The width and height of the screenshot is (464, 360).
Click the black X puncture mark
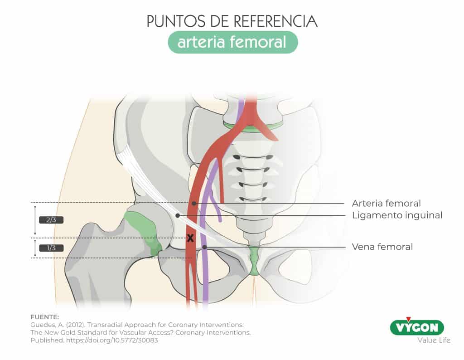click(190, 238)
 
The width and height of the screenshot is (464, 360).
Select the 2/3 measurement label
click(51, 220)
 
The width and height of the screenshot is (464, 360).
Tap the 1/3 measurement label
click(51, 248)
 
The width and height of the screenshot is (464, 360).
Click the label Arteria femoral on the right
click(386, 203)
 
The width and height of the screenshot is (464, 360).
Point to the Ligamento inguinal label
click(397, 215)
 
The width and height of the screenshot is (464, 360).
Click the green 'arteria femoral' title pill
click(232, 43)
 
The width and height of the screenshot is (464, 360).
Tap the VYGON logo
click(416, 327)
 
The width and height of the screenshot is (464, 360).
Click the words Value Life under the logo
click(434, 340)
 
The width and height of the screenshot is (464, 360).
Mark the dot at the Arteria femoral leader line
click(193, 203)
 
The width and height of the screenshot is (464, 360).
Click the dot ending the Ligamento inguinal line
click(178, 215)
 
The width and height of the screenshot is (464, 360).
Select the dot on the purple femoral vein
click(205, 247)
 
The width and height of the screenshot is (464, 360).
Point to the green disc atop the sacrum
click(253, 126)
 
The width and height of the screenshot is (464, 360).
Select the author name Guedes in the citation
click(41, 325)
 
